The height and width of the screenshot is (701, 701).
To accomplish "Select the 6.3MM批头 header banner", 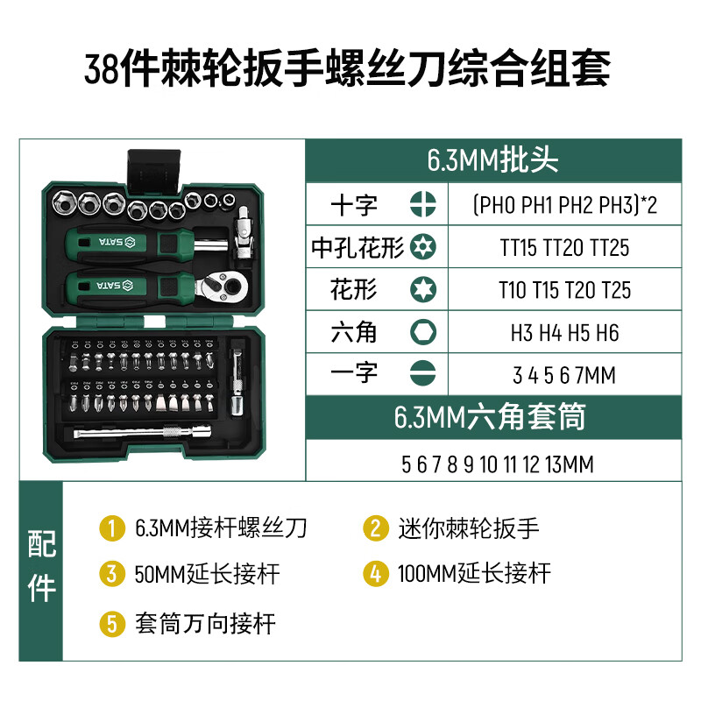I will pyautogui.click(x=492, y=159).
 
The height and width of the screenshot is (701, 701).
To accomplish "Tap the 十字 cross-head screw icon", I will pyautogui.click(x=421, y=205).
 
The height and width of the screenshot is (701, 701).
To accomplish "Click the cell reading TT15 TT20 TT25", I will pyautogui.click(x=564, y=248).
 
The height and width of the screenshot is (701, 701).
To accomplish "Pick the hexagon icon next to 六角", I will pyautogui.click(x=421, y=332).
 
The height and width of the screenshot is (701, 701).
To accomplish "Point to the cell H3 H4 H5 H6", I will pyautogui.click(x=564, y=333).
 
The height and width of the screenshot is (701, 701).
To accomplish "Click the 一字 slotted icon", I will pyautogui.click(x=421, y=374).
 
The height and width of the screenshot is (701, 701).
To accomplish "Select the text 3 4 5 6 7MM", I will pyautogui.click(x=564, y=375).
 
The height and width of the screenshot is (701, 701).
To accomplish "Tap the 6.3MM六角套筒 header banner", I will pyautogui.click(x=492, y=417).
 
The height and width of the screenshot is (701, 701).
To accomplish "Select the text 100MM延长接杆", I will pyautogui.click(x=474, y=575).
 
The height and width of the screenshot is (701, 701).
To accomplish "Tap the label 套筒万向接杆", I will pyautogui.click(x=205, y=624).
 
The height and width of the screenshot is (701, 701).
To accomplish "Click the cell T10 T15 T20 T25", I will pyautogui.click(x=564, y=290).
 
